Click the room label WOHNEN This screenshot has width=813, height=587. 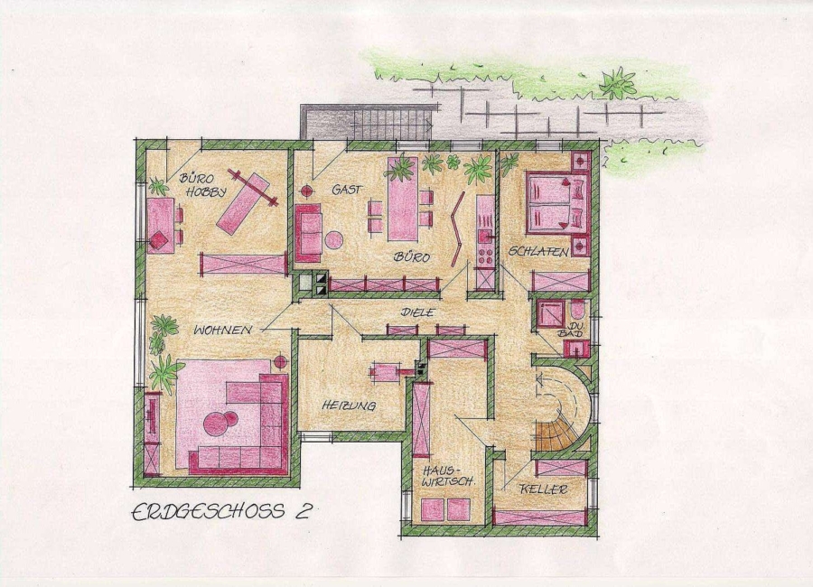tap(222, 330)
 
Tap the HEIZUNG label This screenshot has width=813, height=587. tap(348, 406)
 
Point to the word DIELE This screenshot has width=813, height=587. tap(416, 312)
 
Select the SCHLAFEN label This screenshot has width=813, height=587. tap(538, 251)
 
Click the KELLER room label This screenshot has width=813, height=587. tap(544, 489)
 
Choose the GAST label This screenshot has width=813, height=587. tap(347, 190)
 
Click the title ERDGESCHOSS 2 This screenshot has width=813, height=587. tap(221, 511)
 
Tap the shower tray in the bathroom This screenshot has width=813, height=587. tap(549, 313)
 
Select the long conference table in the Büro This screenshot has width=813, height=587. tap(402, 199)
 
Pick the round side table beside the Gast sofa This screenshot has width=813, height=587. tap(334, 240)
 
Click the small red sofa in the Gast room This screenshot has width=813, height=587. tap(308, 233)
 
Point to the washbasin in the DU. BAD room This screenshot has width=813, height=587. tap(576, 349)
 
